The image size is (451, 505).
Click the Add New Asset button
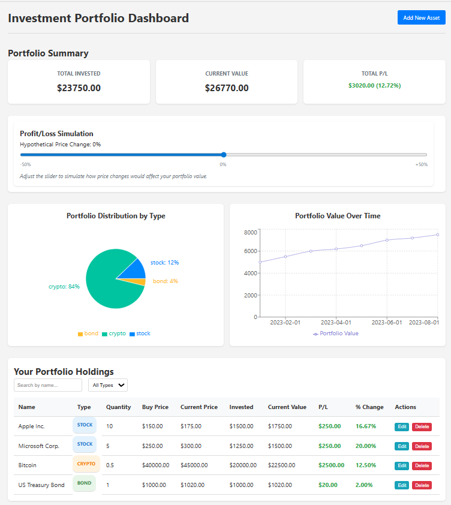tap(421, 17)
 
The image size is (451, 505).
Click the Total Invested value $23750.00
tap(79, 88)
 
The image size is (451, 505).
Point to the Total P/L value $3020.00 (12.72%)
tap(374, 86)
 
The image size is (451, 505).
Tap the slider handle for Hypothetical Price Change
tap(224, 155)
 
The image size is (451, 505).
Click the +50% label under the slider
tap(421, 164)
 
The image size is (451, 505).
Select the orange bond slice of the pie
tap(141, 281)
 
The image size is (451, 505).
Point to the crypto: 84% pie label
tap(64, 287)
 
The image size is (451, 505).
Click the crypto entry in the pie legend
tap(113, 333)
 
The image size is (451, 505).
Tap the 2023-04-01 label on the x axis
tap(336, 322)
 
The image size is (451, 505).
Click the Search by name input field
tap(48, 385)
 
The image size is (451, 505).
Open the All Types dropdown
tap(108, 385)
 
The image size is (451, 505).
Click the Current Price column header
tap(199, 407)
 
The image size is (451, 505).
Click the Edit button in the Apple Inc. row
tap(402, 427)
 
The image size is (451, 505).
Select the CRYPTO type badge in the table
tap(86, 464)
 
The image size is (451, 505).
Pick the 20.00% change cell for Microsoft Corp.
tap(366, 446)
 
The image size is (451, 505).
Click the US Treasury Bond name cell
tap(41, 485)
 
